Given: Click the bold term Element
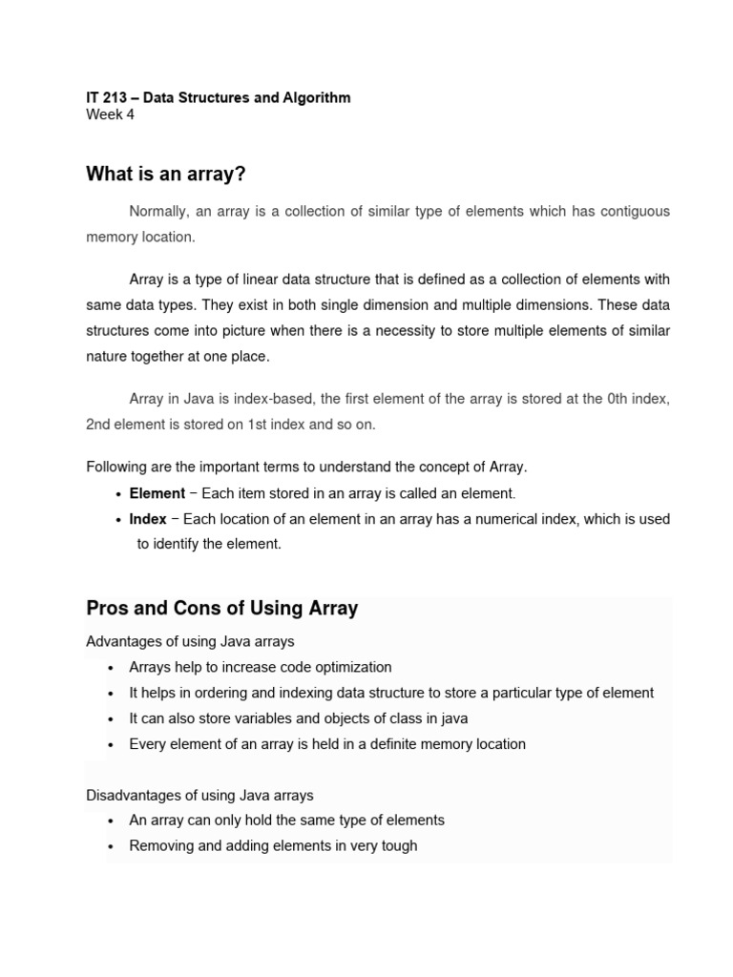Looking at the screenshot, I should [x=157, y=493].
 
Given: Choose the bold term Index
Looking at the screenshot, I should [x=148, y=519].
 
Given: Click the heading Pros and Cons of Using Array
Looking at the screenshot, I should [x=221, y=609].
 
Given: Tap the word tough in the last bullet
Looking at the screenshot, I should [x=399, y=845].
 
